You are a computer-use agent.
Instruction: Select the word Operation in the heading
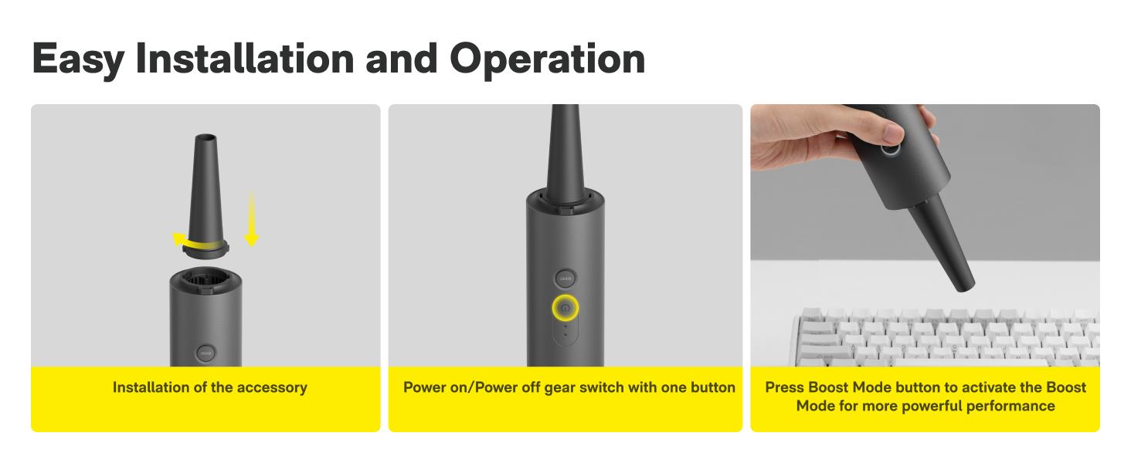coord(548,59)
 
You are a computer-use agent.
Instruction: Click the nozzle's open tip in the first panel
coord(205,139)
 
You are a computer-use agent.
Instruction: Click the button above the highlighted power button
coord(565,278)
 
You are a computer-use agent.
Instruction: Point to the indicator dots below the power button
coord(565,330)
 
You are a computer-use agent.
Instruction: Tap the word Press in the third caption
coord(784,387)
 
